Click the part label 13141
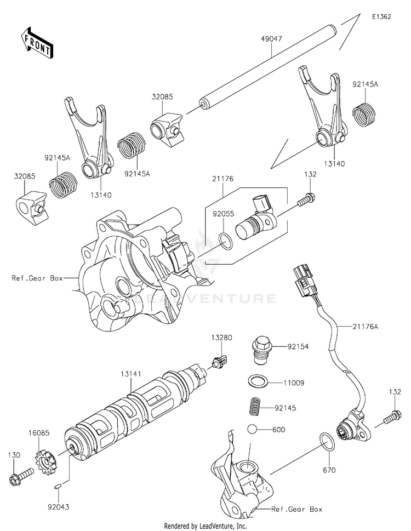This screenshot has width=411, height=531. (132, 374)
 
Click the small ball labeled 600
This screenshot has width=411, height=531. (253, 430)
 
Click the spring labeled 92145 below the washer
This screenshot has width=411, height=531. (253, 407)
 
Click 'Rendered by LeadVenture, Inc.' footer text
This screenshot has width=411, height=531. (206, 526)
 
